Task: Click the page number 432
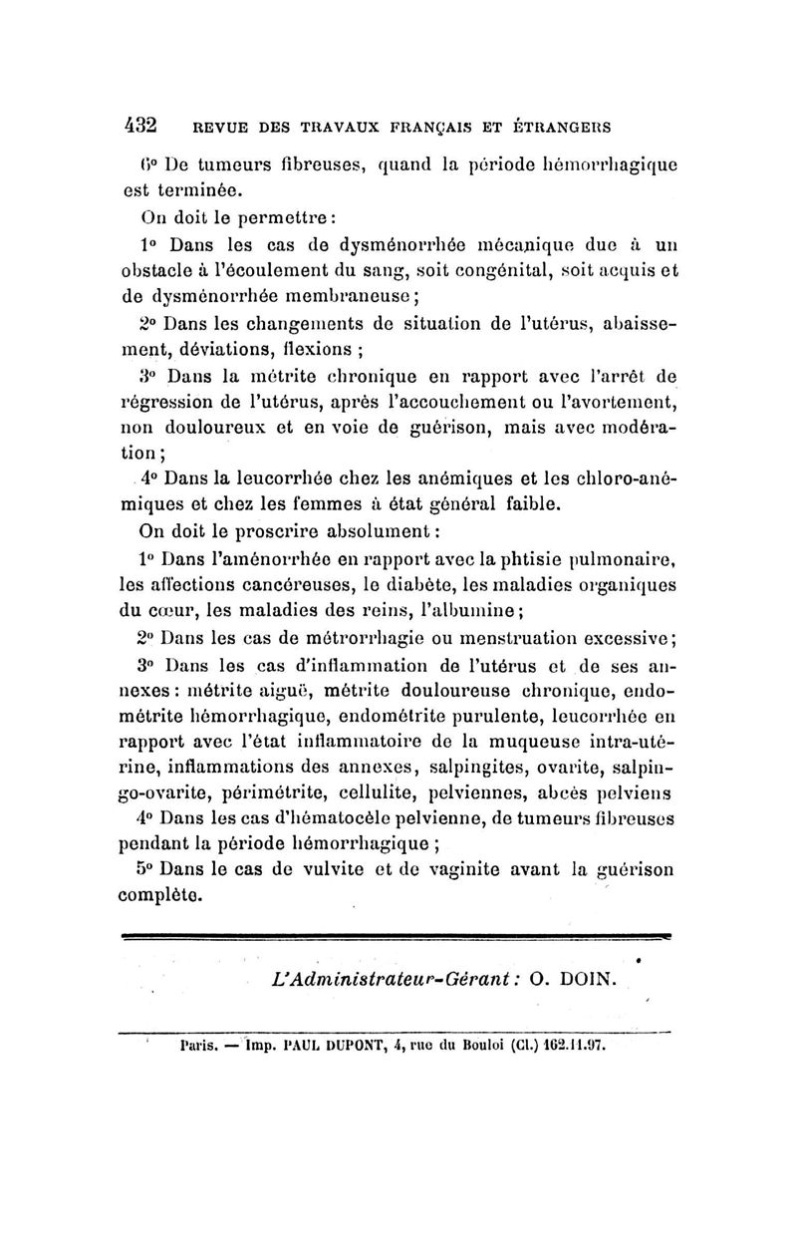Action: pyautogui.click(x=140, y=127)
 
